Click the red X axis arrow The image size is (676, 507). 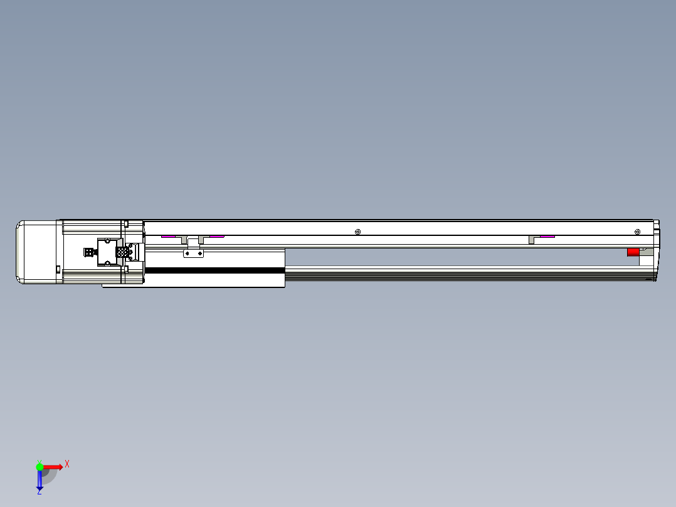click(53, 467)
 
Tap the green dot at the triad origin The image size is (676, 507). click(40, 467)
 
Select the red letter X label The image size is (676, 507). click(67, 464)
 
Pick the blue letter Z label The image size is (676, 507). click(39, 493)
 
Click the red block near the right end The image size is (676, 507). click(633, 252)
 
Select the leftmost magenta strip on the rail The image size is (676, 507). click(168, 237)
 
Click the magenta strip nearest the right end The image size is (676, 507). click(547, 237)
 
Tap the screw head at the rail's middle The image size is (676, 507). click(357, 232)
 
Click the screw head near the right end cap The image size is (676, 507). click(638, 232)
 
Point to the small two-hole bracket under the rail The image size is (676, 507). click(193, 253)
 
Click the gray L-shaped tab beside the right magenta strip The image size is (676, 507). click(532, 239)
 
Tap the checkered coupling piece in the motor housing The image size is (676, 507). click(123, 252)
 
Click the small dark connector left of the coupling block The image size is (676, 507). click(88, 252)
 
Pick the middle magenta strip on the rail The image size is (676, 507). click(217, 237)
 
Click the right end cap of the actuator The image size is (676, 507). click(655, 251)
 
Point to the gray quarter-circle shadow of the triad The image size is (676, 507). click(50, 476)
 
